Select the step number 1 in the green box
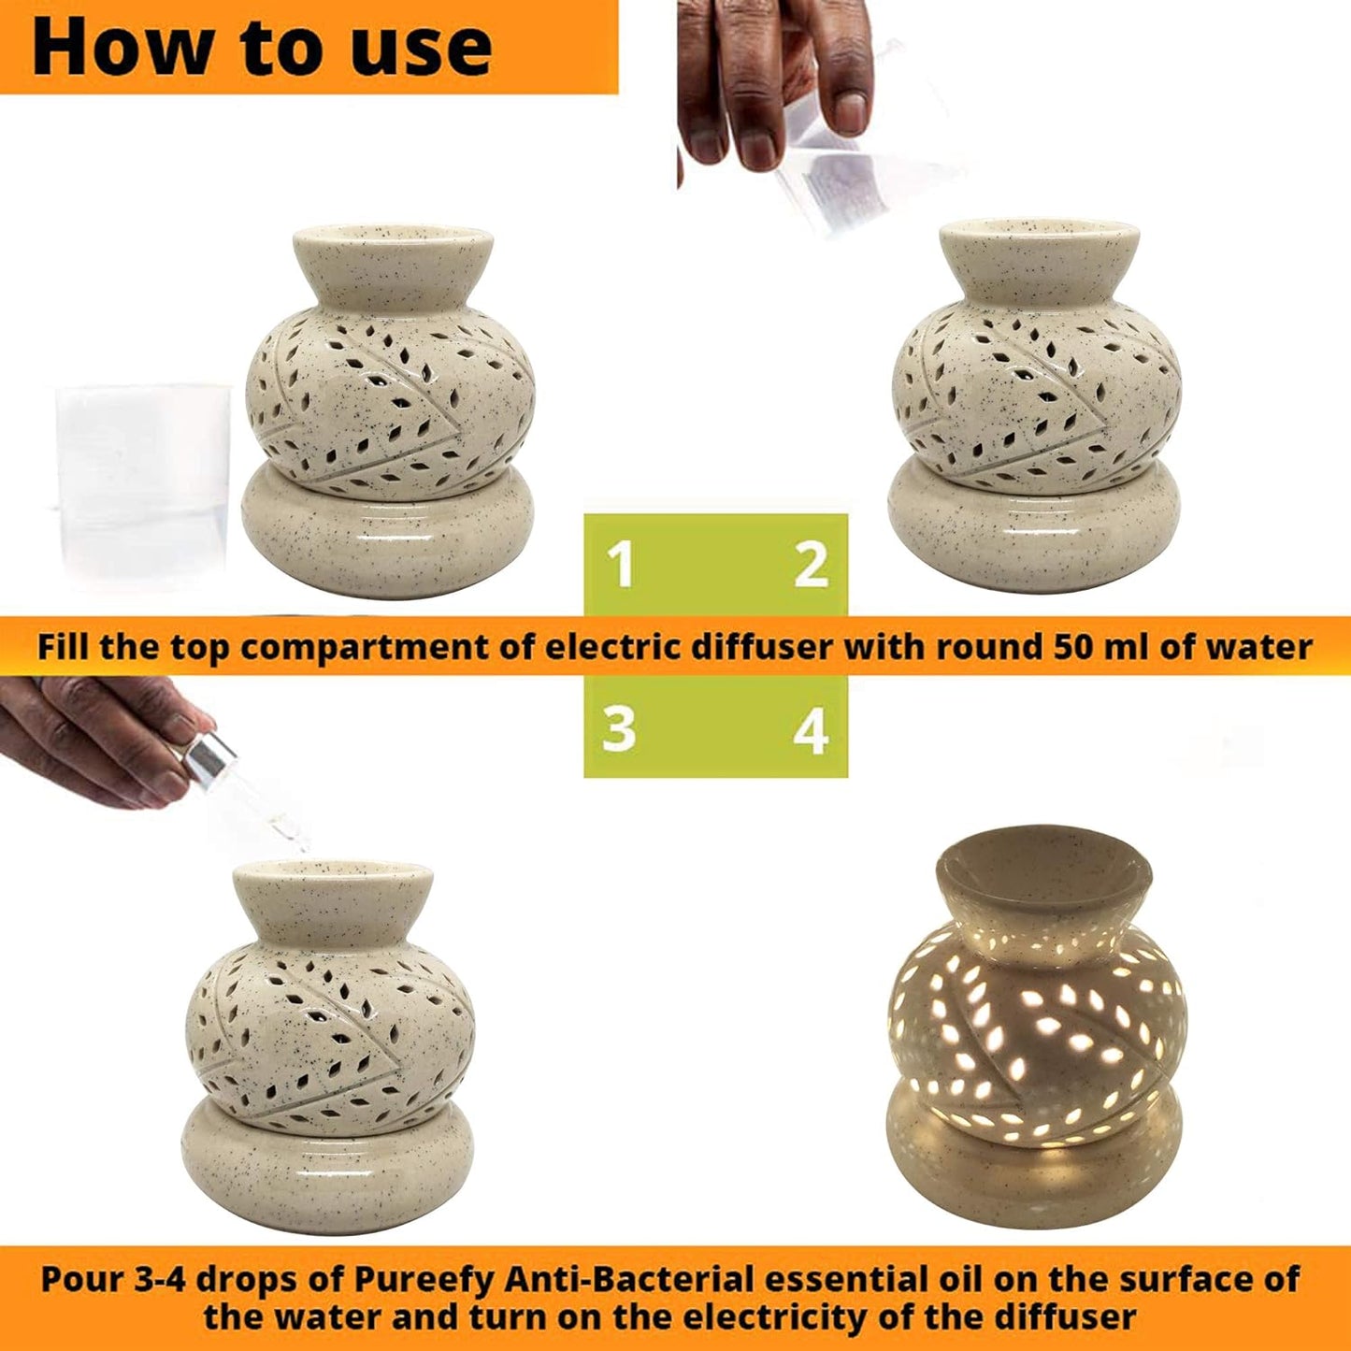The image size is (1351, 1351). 621,566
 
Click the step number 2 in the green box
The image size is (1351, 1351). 812,566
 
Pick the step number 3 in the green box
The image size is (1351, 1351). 619,729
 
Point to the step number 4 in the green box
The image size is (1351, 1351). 812,729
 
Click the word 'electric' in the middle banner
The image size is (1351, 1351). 621,646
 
